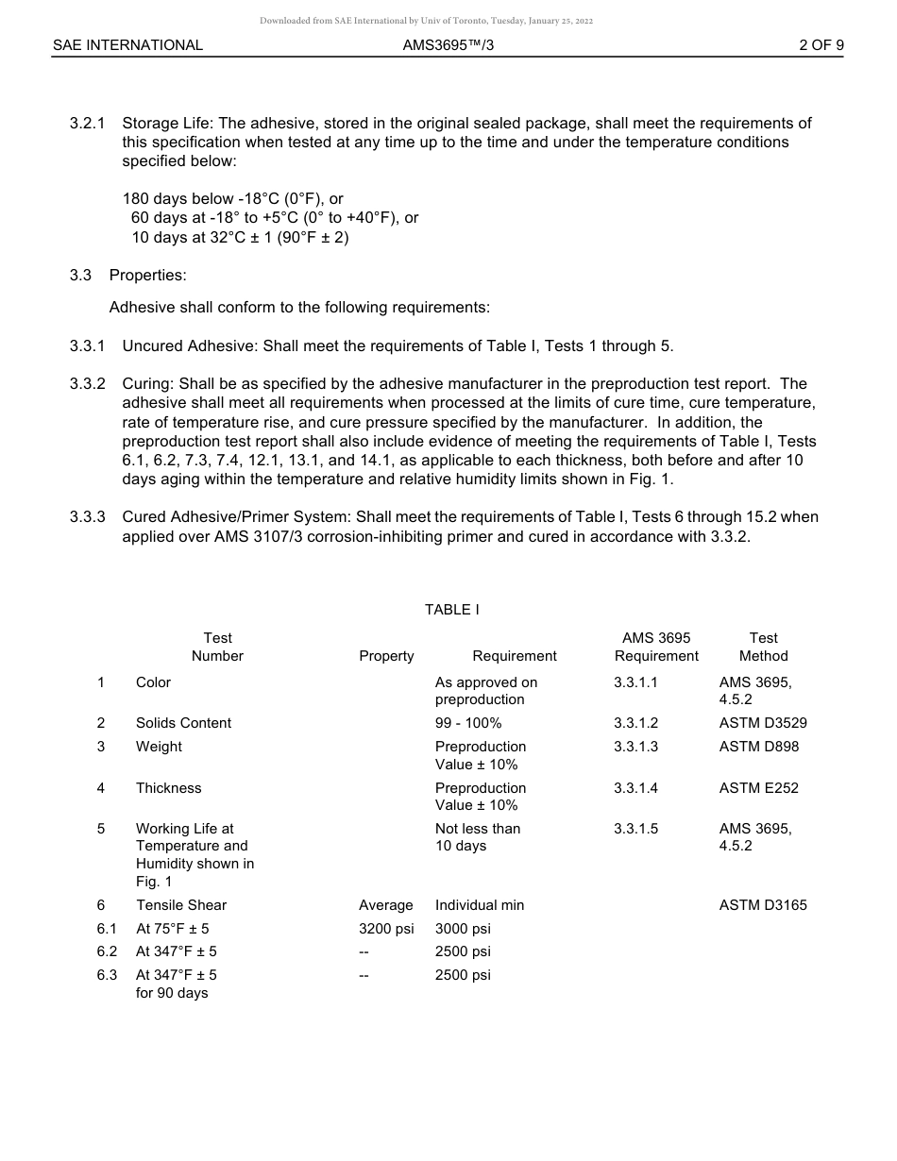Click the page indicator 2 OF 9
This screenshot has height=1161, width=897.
821,44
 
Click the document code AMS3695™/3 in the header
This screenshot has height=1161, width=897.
448,44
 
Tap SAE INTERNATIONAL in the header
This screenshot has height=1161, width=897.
127,44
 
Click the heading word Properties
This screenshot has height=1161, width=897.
147,276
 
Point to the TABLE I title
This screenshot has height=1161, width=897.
451,610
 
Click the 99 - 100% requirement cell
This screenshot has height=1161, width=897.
468,723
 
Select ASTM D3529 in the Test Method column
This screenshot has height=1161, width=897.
762,723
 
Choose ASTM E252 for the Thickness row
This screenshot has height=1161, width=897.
758,788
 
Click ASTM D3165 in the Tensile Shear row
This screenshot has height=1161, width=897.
762,905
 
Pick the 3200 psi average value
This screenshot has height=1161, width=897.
386,929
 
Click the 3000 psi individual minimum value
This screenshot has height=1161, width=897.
463,929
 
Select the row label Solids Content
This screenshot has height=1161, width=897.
183,723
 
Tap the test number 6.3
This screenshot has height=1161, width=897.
107,975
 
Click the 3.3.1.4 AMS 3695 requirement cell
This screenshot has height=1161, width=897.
635,788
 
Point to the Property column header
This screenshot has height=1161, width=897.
386,656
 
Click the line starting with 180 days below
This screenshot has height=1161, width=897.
232,199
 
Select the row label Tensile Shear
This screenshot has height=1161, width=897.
181,905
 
